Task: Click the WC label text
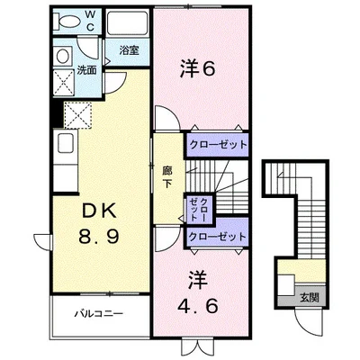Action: pyautogui.click(x=91, y=21)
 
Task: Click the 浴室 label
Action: pyautogui.click(x=129, y=50)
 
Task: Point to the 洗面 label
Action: pyautogui.click(x=86, y=69)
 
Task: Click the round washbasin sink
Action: pyautogui.click(x=63, y=56)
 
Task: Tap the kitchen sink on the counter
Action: pyautogui.click(x=67, y=143)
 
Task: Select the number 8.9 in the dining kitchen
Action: pyautogui.click(x=99, y=236)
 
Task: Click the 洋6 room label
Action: pyautogui.click(x=198, y=69)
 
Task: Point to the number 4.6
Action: pyautogui.click(x=198, y=306)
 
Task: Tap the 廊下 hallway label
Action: pyautogui.click(x=167, y=177)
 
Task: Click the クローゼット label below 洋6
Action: pyautogui.click(x=218, y=145)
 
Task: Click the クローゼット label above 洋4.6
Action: pyautogui.click(x=218, y=237)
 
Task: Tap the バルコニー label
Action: pyautogui.click(x=99, y=314)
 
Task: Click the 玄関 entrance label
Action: pyautogui.click(x=309, y=298)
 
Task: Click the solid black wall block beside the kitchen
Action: pyautogui.click(x=57, y=113)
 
